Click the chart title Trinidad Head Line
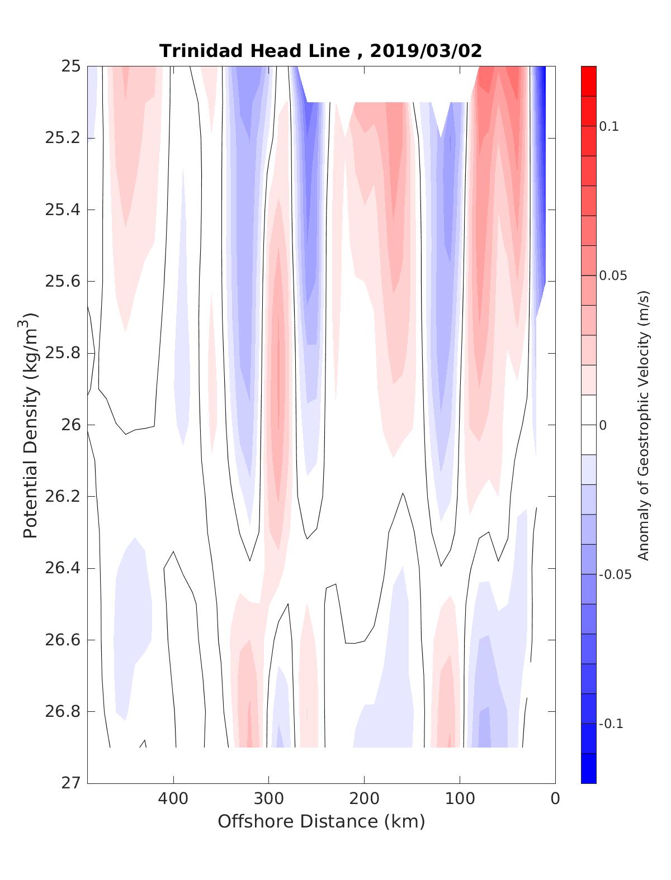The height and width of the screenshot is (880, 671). [x=254, y=51]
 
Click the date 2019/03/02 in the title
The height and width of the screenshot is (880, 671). [x=426, y=51]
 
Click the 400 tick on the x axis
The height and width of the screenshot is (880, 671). [x=173, y=799]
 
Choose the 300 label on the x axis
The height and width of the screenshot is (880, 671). [x=269, y=799]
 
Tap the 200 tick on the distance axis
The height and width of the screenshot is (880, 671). [x=365, y=799]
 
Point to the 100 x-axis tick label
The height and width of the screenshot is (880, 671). [x=460, y=799]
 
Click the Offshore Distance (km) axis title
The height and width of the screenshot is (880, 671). [x=322, y=822]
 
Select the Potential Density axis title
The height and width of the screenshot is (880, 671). [x=31, y=425]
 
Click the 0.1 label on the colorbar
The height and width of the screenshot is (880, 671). [x=609, y=127]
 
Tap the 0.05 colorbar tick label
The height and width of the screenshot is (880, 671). [x=612, y=276]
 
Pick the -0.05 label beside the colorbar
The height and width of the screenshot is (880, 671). [x=614, y=575]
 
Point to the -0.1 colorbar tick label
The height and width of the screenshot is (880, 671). [x=611, y=724]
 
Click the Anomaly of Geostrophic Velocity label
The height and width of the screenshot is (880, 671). [x=644, y=425]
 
